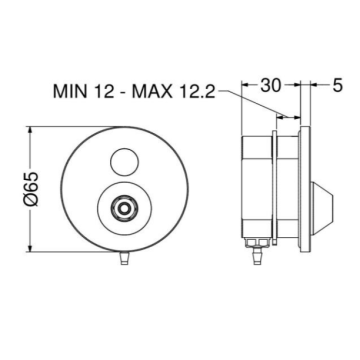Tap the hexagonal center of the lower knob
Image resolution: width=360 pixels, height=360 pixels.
click(122, 209)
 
